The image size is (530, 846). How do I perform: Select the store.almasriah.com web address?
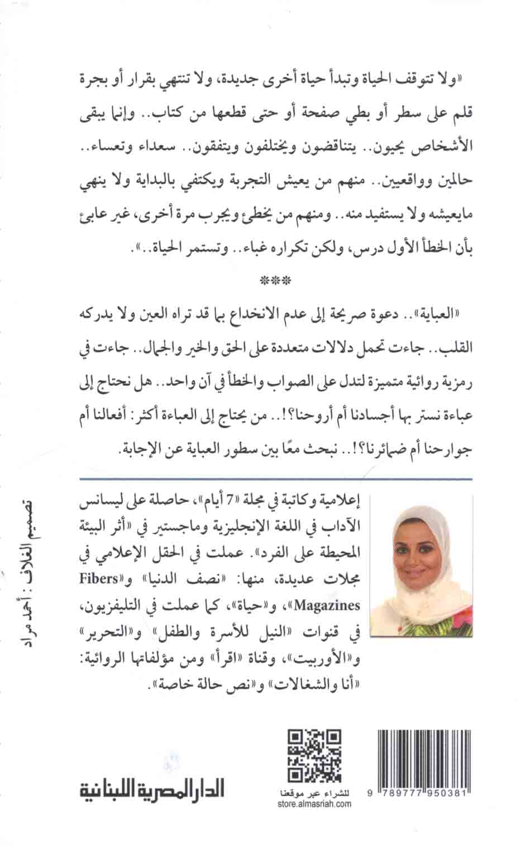[314, 804]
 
